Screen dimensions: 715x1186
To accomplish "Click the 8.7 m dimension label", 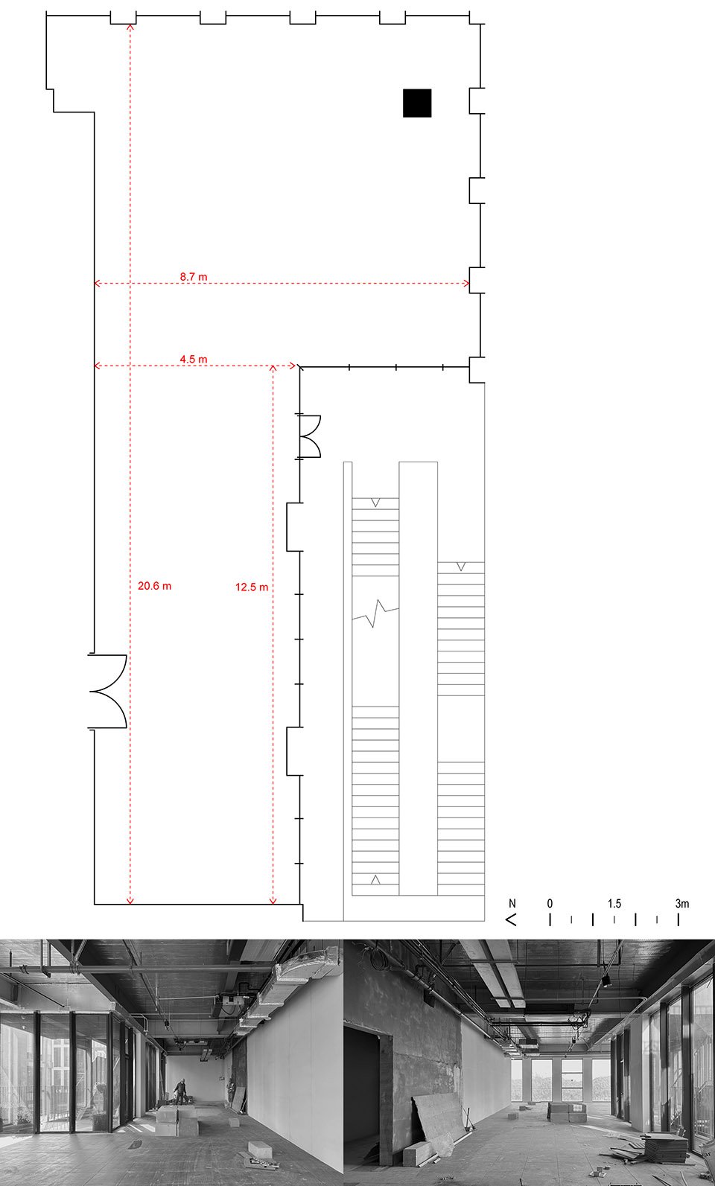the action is click(x=194, y=276).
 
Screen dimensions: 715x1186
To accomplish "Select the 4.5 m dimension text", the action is click(x=194, y=359).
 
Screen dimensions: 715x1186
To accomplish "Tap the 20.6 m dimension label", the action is click(x=155, y=586).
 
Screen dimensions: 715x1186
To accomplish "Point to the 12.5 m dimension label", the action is click(x=252, y=587).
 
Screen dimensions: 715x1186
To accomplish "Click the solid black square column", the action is click(x=417, y=103).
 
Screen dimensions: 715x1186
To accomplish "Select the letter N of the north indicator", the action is click(x=512, y=903).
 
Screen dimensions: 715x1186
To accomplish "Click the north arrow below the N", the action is click(x=511, y=919).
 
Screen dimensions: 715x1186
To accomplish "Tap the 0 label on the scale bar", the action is click(x=550, y=903).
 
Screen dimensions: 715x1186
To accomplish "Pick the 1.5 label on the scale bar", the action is click(x=614, y=903).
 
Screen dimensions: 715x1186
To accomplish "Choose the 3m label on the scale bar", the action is click(x=682, y=903).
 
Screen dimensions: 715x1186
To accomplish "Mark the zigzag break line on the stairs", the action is click(x=375, y=613).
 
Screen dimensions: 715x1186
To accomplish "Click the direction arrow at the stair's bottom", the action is click(x=375, y=880).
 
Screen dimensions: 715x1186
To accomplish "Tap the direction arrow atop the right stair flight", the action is click(x=461, y=567).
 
